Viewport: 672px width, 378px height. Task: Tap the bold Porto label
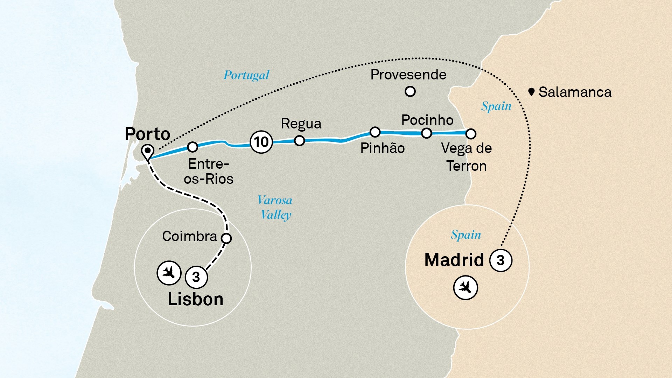pyautogui.click(x=147, y=134)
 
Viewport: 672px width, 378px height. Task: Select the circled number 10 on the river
pyautogui.click(x=261, y=142)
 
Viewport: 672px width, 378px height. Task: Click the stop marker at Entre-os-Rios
pyautogui.click(x=192, y=147)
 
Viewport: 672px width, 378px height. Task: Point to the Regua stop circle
pyautogui.click(x=299, y=141)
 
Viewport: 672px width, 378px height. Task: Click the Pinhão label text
pyautogui.click(x=382, y=148)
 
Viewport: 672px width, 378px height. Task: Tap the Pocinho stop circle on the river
pyautogui.click(x=426, y=133)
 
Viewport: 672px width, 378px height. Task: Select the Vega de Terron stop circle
pyautogui.click(x=471, y=134)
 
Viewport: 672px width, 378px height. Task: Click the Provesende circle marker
pyautogui.click(x=410, y=92)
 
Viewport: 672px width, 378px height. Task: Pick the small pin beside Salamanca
pyautogui.click(x=531, y=92)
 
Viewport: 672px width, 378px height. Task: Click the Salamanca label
pyautogui.click(x=575, y=92)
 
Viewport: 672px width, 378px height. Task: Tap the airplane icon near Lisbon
pyautogui.click(x=169, y=272)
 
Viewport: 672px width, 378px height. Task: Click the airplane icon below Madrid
pyautogui.click(x=465, y=288)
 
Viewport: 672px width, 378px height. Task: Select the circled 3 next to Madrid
pyautogui.click(x=500, y=260)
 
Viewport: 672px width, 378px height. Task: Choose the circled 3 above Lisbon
pyautogui.click(x=196, y=277)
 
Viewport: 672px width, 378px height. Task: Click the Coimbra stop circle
pyautogui.click(x=226, y=238)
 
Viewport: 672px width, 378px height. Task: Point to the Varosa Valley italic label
pyautogui.click(x=275, y=207)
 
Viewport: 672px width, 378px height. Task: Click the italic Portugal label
pyautogui.click(x=246, y=75)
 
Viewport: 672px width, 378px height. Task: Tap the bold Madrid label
pyautogui.click(x=454, y=260)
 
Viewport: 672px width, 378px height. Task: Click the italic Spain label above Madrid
pyautogui.click(x=465, y=235)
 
